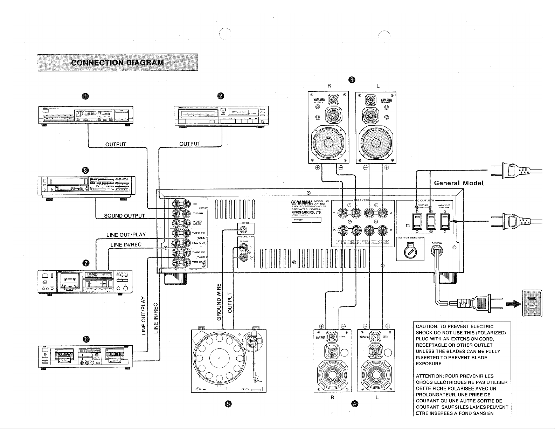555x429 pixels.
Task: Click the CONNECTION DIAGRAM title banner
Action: pos(117,63)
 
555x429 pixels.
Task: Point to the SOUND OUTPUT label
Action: pos(125,215)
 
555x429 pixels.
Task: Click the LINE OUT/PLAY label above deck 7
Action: pos(126,235)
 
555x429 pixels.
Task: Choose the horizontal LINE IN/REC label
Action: pos(126,244)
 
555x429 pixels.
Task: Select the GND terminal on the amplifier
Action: pos(244,230)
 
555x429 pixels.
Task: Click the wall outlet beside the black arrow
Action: pos(532,303)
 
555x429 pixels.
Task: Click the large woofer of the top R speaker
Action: pos(329,142)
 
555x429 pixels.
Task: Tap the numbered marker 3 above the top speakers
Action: pos(352,80)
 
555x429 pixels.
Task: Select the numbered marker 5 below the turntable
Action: pos(228,404)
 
